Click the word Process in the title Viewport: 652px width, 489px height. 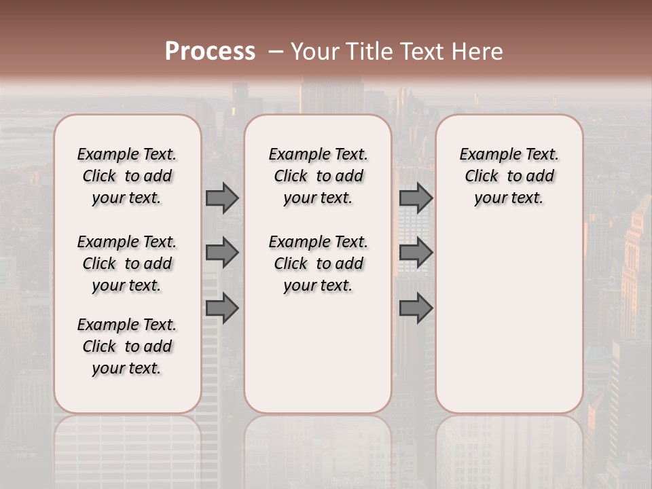click(210, 52)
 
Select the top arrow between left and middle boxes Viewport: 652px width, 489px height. click(222, 198)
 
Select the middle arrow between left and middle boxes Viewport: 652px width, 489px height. click(222, 253)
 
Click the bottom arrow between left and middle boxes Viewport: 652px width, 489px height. click(222, 308)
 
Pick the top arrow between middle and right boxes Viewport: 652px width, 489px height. click(416, 198)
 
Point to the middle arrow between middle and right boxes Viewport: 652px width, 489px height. click(416, 253)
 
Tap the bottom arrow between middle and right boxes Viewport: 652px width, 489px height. click(416, 308)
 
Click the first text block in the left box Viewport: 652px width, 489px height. click(127, 176)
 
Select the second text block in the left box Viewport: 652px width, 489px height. click(127, 264)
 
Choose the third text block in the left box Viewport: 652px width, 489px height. click(127, 346)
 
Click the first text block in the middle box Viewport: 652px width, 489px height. click(318, 176)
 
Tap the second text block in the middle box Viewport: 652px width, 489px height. click(318, 264)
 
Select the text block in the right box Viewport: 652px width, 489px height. click(509, 176)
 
